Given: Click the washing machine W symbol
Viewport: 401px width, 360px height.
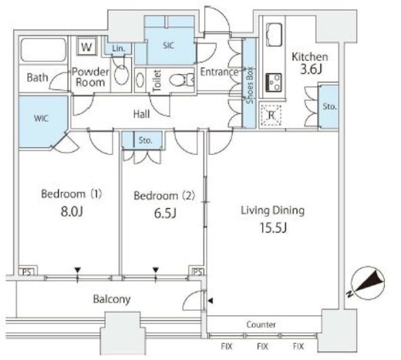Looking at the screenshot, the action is coord(87,47).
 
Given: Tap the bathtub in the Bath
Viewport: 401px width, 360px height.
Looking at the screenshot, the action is coord(43,50).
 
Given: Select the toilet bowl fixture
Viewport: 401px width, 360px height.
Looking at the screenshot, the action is coord(181,80).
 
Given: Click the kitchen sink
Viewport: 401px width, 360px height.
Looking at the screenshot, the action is coord(275,35).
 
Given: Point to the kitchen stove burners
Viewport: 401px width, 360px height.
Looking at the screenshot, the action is coord(274,82).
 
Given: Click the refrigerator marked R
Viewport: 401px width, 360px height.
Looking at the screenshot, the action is coord(271,115).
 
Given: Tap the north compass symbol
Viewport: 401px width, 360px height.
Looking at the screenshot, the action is coord(367,283).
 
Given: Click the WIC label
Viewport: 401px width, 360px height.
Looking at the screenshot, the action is coord(41,119).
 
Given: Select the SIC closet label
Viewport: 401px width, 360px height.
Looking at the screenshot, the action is coord(168,45).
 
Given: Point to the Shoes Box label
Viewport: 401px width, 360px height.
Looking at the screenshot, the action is coord(249,85).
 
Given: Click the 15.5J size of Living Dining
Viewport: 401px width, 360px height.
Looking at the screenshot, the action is coord(273,227).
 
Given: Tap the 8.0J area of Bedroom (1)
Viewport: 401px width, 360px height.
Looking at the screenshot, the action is coord(72,211).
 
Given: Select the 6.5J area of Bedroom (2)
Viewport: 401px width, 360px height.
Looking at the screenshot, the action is coord(165,213).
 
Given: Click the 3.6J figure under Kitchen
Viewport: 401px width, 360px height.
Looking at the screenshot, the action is coord(311,69).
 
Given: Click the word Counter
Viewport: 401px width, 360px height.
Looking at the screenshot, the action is coord(261,325).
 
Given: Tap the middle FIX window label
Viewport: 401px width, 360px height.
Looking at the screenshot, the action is coord(262,346).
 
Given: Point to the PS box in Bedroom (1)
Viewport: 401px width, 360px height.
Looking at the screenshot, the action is coord(28,271).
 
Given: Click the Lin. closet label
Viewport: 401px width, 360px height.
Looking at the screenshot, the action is coord(119,48).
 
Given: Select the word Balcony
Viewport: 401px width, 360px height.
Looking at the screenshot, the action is coord(112,299).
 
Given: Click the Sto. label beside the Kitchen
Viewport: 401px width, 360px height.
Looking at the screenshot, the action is coord(329,106).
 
